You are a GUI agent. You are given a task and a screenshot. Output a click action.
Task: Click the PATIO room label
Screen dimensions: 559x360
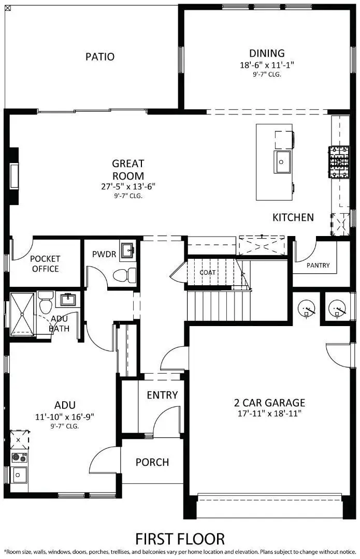click(x=100, y=56)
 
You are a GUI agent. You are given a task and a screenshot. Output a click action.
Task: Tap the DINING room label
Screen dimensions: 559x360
click(x=267, y=53)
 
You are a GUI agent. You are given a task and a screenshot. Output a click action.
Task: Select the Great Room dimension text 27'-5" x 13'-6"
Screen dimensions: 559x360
click(x=128, y=186)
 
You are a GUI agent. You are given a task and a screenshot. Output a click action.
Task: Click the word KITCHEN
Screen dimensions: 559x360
click(x=293, y=217)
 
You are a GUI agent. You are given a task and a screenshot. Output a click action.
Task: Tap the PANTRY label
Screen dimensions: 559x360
click(x=318, y=266)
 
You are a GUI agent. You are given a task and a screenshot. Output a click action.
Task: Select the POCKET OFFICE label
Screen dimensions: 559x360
click(x=45, y=263)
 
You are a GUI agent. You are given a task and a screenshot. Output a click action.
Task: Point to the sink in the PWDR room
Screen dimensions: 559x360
click(x=127, y=251)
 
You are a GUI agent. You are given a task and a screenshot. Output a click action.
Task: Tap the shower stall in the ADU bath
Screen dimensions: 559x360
click(x=23, y=313)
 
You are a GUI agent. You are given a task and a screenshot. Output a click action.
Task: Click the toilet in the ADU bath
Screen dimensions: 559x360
click(x=46, y=302)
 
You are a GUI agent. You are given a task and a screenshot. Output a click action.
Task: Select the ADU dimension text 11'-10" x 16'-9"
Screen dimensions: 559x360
click(x=65, y=416)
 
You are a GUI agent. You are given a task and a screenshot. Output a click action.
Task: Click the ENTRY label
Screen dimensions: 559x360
click(x=162, y=395)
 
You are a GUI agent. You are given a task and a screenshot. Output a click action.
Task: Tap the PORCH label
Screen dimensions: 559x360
click(x=152, y=462)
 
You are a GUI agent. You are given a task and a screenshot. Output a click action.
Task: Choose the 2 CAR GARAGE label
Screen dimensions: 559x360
click(x=269, y=403)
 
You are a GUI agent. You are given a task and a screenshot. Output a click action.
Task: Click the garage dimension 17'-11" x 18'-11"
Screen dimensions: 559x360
click(x=269, y=414)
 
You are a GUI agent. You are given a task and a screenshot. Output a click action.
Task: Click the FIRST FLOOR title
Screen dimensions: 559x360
click(x=180, y=538)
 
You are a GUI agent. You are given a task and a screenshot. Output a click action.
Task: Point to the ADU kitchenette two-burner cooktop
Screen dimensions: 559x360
click(x=20, y=458)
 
